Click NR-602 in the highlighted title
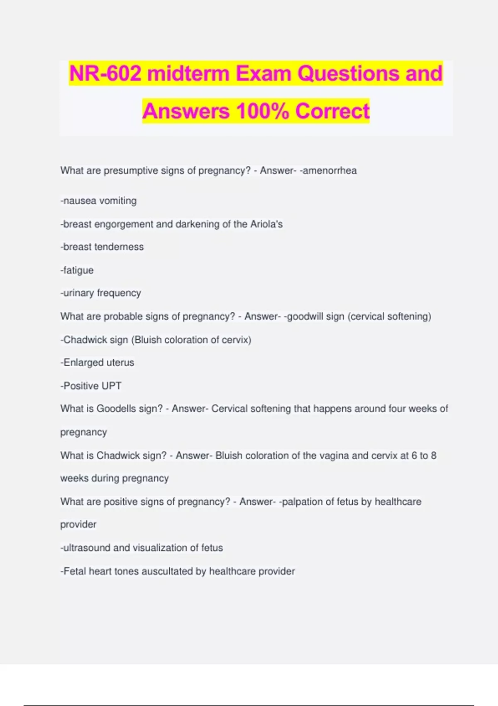pos(105,74)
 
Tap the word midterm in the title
pos(188,74)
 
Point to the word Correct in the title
pos(332,111)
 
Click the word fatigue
pos(78,270)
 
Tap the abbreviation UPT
pos(111,386)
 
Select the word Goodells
pos(116,409)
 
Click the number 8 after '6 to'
pos(434,456)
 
